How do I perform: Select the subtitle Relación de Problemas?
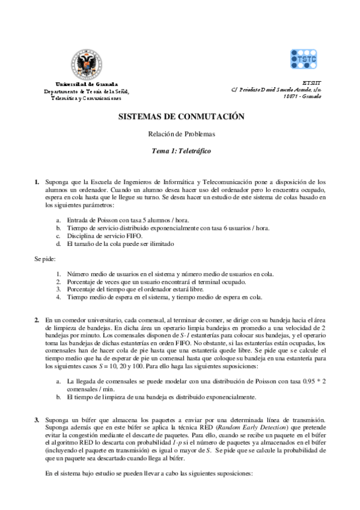181,135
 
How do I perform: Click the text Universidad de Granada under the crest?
87,84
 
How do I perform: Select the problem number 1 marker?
37,181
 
